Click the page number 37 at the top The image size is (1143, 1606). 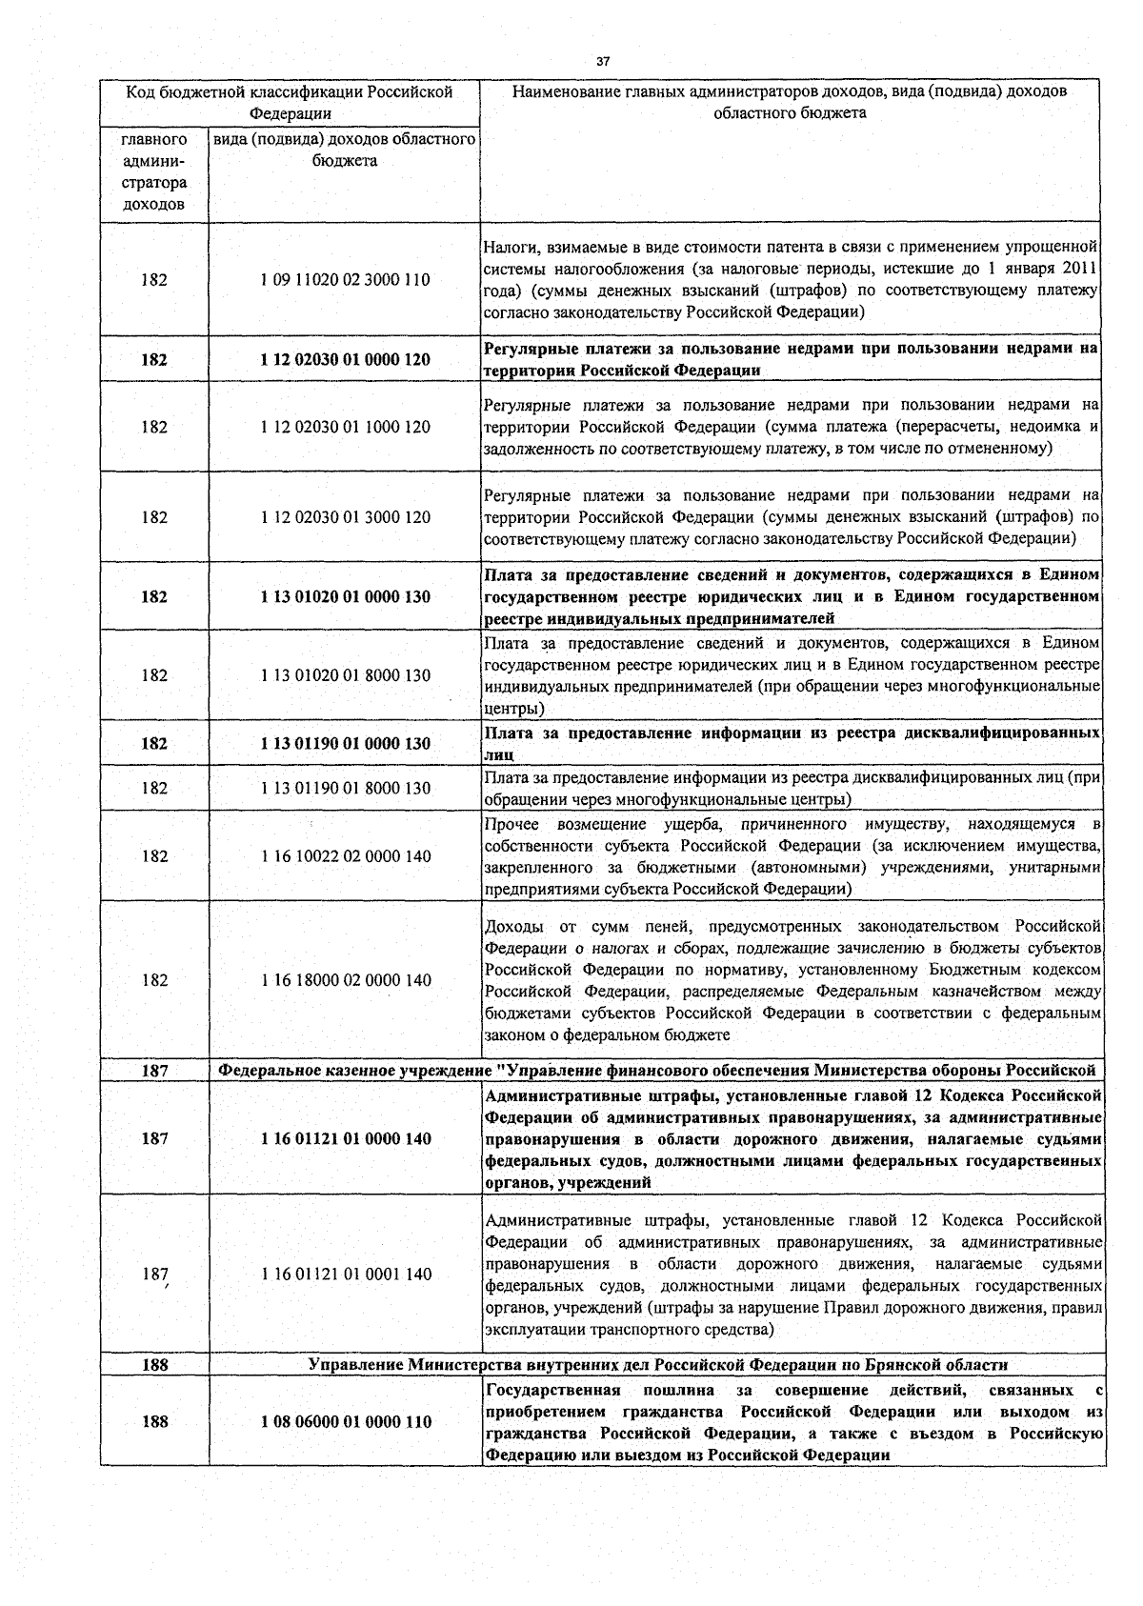(602, 62)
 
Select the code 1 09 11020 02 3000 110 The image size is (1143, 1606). (345, 280)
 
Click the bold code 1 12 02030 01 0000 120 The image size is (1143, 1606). (345, 360)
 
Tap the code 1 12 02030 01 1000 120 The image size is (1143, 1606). (345, 427)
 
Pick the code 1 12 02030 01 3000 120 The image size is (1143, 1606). (345, 517)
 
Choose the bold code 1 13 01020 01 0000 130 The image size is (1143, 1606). (345, 597)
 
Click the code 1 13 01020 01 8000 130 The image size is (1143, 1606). (345, 675)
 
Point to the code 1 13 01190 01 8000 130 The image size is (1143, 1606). (345, 788)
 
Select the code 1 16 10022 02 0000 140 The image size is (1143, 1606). (345, 856)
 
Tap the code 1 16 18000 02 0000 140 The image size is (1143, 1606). (345, 980)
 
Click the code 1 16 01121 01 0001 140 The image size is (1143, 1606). (345, 1275)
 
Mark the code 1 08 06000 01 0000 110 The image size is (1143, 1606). (345, 1422)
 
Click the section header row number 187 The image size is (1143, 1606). (154, 1072)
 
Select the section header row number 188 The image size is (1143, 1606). (154, 1365)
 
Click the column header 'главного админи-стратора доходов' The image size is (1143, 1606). (154, 172)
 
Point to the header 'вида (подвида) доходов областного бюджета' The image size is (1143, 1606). (345, 151)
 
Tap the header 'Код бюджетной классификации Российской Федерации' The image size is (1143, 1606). (290, 103)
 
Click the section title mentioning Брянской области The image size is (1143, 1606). (658, 1365)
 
